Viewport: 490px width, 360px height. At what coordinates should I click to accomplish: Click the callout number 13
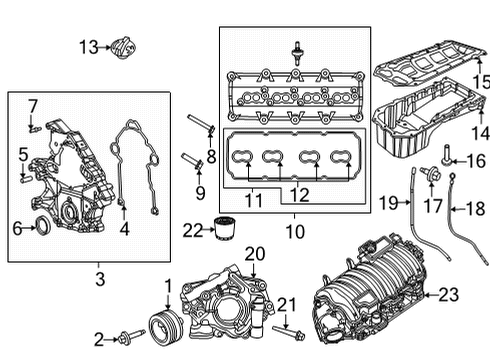click(x=89, y=46)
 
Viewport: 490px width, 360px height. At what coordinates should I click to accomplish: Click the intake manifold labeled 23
click(x=370, y=300)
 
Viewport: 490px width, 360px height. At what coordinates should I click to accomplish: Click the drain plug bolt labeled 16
click(x=444, y=157)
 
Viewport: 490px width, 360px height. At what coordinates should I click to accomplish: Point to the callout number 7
click(x=32, y=105)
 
